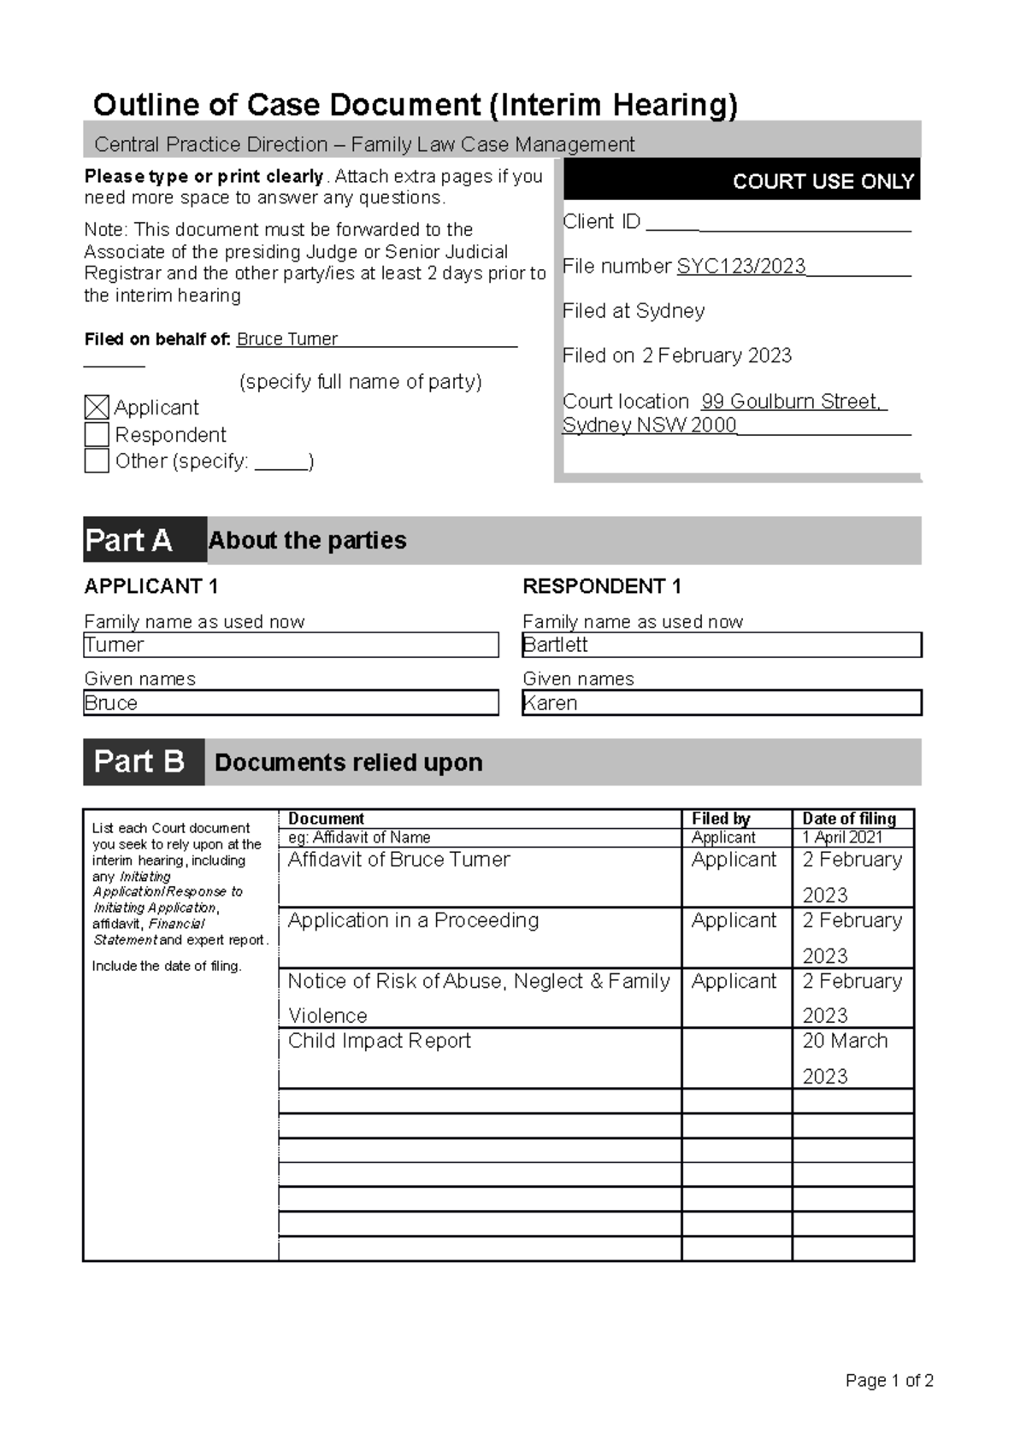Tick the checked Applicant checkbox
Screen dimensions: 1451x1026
point(97,408)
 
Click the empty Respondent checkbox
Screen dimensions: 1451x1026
point(97,434)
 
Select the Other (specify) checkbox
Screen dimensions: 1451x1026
point(97,461)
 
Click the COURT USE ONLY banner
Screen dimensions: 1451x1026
point(740,180)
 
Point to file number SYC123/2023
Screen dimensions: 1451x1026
point(740,267)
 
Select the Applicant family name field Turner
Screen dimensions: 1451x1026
point(291,645)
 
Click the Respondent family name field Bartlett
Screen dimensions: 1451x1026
point(722,645)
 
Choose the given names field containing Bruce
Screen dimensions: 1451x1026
point(291,703)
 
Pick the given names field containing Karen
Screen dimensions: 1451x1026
point(722,703)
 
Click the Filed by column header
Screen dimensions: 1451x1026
point(721,819)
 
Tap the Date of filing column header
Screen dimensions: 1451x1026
point(849,819)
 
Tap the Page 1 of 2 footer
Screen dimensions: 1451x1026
point(889,1380)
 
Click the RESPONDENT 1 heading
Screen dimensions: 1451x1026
point(602,586)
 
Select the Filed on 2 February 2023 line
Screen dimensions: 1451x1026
point(677,355)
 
